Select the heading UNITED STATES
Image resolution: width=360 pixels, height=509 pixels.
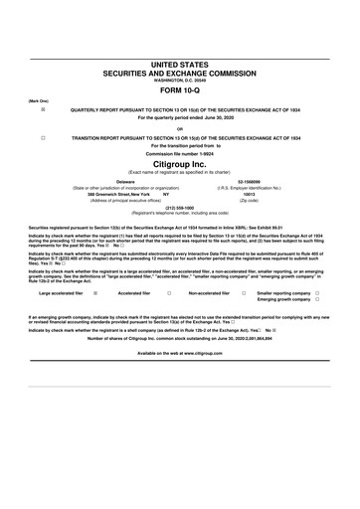180,64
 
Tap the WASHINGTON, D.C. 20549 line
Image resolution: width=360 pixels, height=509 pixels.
180,80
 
